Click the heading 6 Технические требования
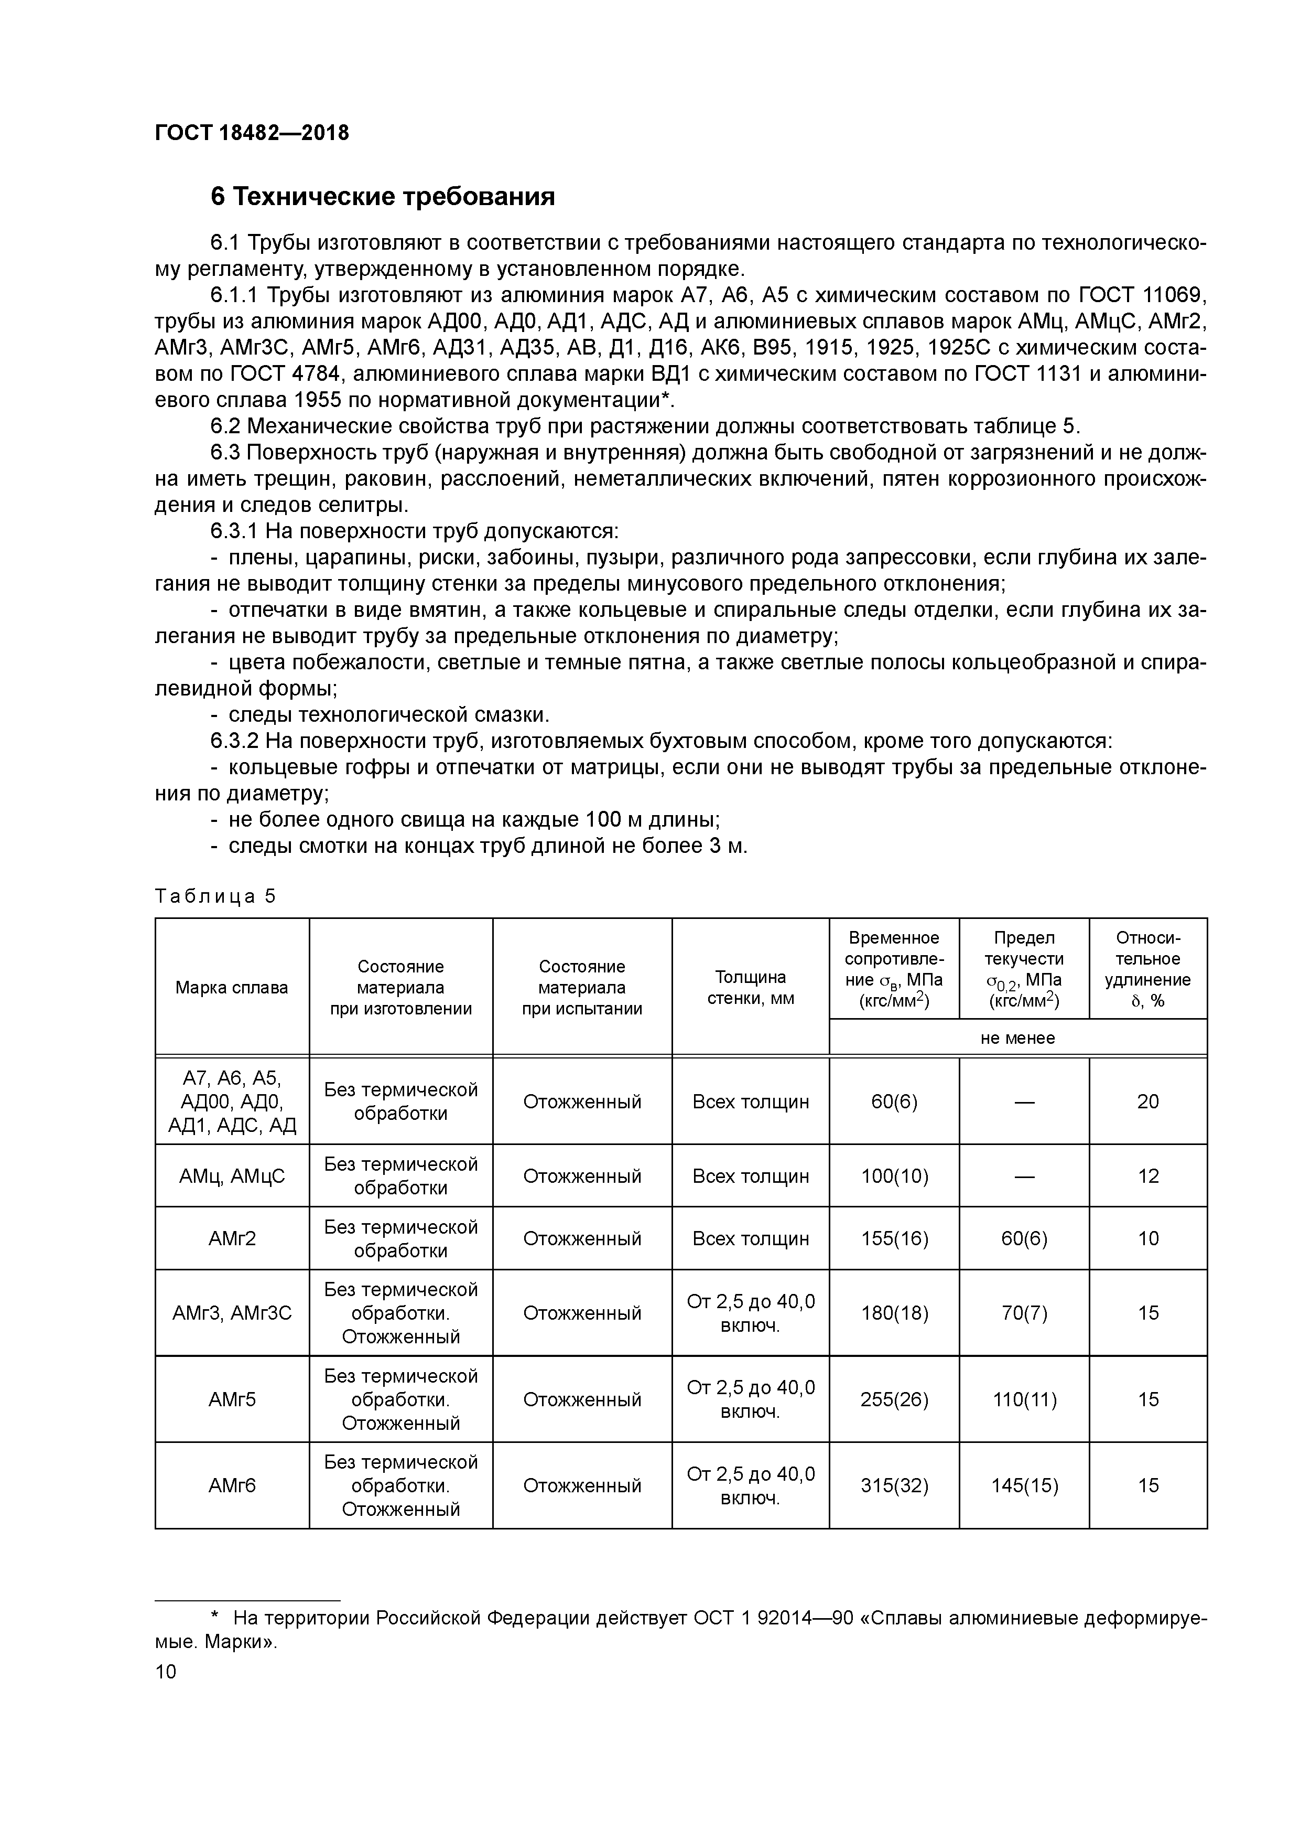click(x=382, y=196)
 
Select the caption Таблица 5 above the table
click(x=215, y=896)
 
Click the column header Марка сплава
click(x=232, y=987)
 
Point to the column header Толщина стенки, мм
click(x=751, y=987)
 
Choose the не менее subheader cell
click(x=1017, y=1038)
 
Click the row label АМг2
click(x=232, y=1238)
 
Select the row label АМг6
click(x=232, y=1485)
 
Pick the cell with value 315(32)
click(x=894, y=1485)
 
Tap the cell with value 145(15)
click(x=1024, y=1485)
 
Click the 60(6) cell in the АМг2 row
click(x=1024, y=1238)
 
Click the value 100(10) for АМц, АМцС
click(x=894, y=1175)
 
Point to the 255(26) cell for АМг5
click(x=894, y=1399)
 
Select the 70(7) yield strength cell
click(x=1024, y=1313)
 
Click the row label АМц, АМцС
click(x=232, y=1175)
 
